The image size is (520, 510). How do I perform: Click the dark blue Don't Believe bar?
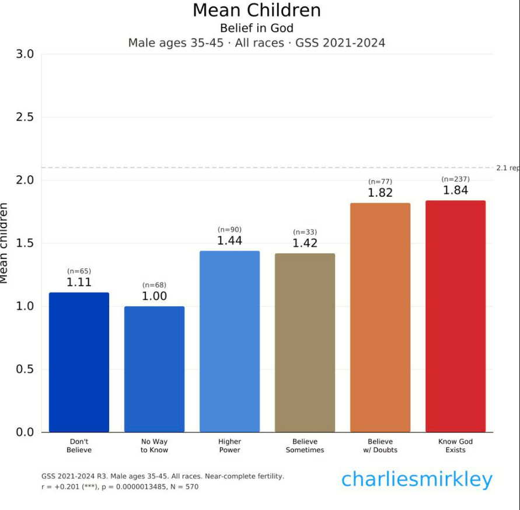[x=79, y=362]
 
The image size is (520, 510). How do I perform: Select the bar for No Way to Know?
[x=154, y=369]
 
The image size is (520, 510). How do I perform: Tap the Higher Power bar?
[x=229, y=341]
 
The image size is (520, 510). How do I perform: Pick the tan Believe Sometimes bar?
[x=305, y=343]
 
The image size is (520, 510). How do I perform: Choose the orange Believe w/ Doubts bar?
[x=380, y=317]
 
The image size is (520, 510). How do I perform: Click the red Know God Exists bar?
[x=455, y=316]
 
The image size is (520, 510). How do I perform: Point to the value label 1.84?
[x=455, y=190]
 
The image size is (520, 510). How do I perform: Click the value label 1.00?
[x=154, y=296]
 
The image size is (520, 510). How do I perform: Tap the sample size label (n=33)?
[x=305, y=232]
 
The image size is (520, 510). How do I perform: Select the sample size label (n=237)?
[x=455, y=179]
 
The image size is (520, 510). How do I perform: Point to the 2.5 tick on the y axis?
[x=24, y=117]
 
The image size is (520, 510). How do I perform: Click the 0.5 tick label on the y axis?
[x=24, y=369]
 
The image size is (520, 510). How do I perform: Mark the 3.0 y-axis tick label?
[x=24, y=54]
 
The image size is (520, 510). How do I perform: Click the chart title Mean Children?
[x=257, y=11]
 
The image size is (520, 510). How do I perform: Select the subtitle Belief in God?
[x=257, y=28]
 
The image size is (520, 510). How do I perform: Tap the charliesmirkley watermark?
[x=417, y=480]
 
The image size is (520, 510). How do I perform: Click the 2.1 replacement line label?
[x=507, y=168]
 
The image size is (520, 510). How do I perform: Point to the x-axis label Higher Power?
[x=229, y=446]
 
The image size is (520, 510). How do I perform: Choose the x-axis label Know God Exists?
[x=455, y=446]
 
